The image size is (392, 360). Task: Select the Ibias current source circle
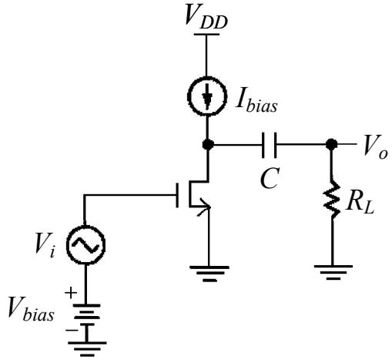(x=207, y=77)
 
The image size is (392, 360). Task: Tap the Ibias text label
(x=256, y=103)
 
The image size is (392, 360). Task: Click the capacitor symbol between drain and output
(x=270, y=145)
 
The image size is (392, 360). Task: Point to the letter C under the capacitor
(x=270, y=178)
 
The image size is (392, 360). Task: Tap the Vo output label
(x=375, y=147)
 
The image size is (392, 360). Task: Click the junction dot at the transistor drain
(x=208, y=144)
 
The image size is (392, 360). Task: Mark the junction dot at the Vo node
(x=331, y=144)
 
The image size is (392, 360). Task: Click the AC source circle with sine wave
(x=86, y=226)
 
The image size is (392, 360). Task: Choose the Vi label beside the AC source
(x=45, y=244)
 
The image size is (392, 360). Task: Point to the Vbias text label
(x=31, y=309)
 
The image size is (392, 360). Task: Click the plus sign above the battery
(x=71, y=293)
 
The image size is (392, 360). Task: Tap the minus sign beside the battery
(x=72, y=330)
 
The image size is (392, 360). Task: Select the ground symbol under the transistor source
(x=209, y=274)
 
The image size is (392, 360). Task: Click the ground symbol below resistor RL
(x=333, y=272)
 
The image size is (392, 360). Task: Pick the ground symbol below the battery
(x=87, y=349)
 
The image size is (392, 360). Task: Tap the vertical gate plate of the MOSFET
(x=177, y=195)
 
